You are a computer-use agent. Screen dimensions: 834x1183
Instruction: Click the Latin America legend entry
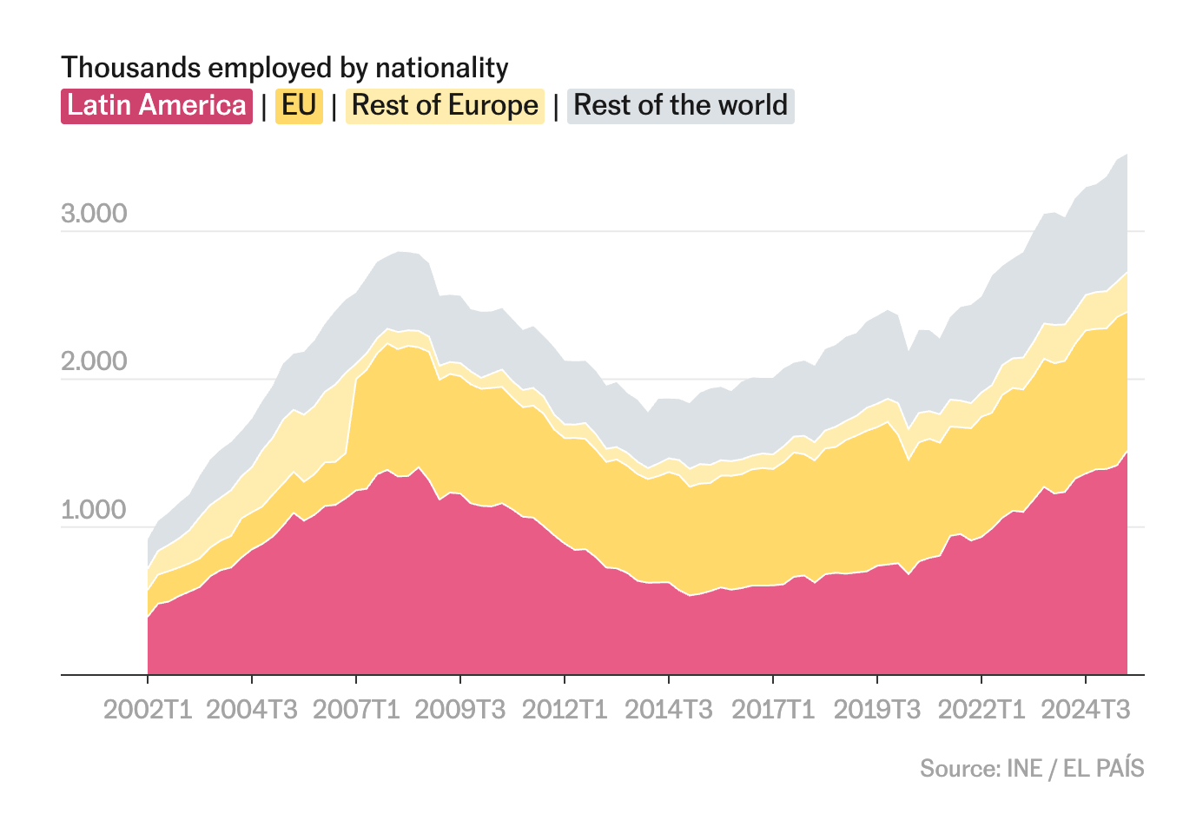point(156,106)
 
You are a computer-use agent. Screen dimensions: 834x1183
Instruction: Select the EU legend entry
point(299,106)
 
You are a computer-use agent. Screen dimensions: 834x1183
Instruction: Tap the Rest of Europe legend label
point(445,106)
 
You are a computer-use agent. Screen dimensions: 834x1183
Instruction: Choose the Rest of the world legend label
point(680,106)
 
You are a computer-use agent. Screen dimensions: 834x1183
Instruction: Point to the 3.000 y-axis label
point(94,214)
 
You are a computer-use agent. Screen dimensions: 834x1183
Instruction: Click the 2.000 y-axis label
point(94,361)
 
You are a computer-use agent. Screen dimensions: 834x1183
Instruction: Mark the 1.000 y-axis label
point(94,510)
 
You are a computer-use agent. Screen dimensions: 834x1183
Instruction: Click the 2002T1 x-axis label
point(148,710)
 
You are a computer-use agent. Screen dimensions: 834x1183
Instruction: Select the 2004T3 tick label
point(252,710)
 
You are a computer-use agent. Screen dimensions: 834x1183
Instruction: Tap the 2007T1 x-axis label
point(356,710)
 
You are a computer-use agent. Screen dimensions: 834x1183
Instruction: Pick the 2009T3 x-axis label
point(460,710)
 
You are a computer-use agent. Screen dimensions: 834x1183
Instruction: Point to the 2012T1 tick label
point(565,710)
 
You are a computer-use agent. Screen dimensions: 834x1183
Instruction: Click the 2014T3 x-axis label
point(669,710)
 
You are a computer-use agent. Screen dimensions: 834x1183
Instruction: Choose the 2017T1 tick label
point(773,710)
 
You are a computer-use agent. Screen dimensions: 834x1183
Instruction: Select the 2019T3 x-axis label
point(877,710)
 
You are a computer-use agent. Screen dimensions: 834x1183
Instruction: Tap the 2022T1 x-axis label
point(981,710)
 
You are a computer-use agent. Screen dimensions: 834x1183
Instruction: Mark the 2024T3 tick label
point(1086,710)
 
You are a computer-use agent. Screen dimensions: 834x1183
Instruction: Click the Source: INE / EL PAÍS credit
point(1032,769)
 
